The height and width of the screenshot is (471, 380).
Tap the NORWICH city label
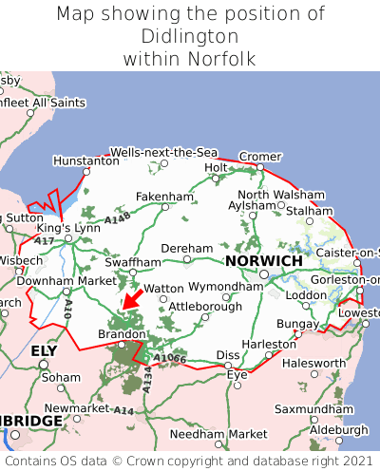click(263, 260)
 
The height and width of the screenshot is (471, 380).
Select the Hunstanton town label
click(85, 162)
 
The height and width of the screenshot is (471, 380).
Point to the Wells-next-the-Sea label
click(163, 152)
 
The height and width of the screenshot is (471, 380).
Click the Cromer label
click(259, 156)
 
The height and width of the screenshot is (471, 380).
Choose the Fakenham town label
click(164, 197)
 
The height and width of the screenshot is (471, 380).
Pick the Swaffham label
click(133, 262)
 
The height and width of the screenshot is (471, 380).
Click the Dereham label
click(186, 249)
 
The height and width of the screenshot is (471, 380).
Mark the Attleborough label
click(205, 307)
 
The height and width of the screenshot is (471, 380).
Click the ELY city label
click(45, 350)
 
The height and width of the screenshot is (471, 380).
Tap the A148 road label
click(118, 218)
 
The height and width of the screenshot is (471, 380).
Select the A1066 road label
click(169, 358)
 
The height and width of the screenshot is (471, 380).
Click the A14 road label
click(123, 410)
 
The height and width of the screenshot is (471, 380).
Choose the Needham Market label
click(218, 433)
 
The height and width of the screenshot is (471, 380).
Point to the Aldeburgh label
click(338, 429)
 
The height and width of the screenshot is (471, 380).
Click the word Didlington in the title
click(190, 37)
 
